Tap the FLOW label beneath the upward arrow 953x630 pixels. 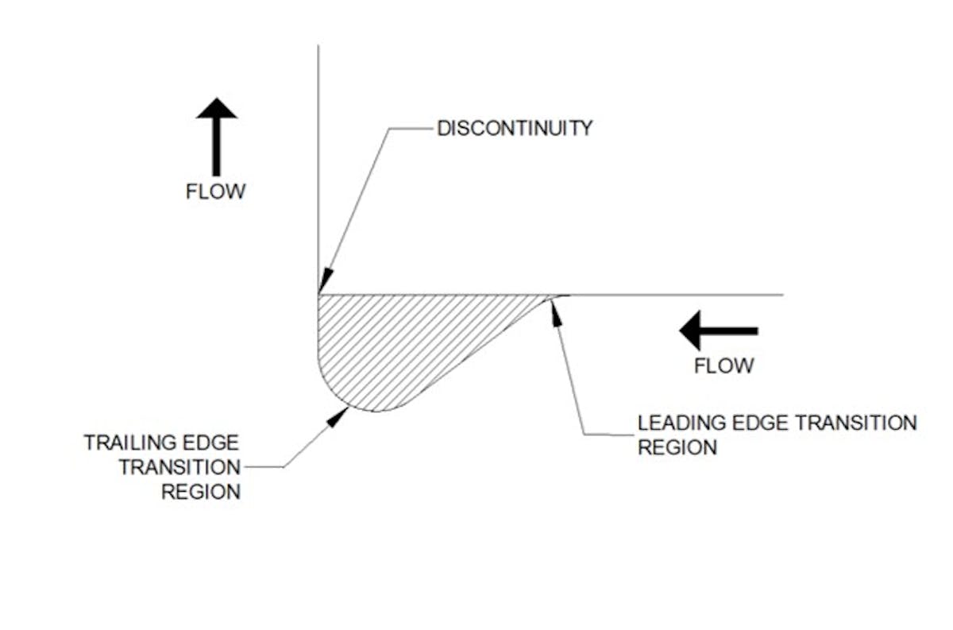(x=216, y=192)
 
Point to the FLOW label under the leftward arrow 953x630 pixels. (x=723, y=366)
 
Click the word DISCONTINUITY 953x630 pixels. (x=515, y=128)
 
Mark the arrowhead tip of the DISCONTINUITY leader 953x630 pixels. (x=320, y=291)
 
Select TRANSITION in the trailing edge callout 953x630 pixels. (x=179, y=467)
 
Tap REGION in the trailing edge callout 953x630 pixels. (x=201, y=492)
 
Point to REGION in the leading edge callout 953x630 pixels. (x=677, y=447)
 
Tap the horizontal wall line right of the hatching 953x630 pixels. (x=675, y=295)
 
